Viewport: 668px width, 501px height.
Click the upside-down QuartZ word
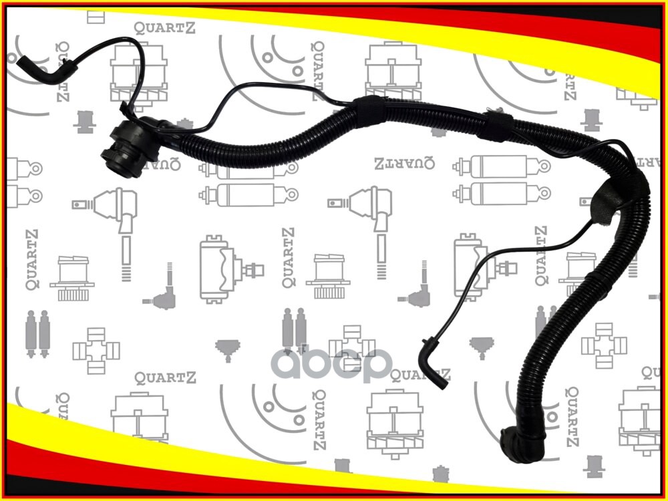[x=399, y=162]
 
